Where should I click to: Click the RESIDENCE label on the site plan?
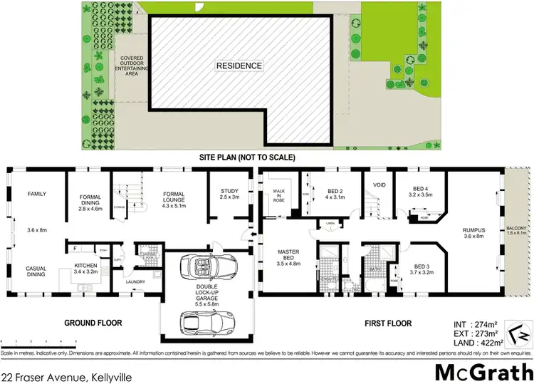click(x=240, y=66)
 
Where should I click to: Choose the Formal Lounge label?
click(x=174, y=197)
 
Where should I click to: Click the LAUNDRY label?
click(x=135, y=281)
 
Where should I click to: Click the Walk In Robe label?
click(x=278, y=194)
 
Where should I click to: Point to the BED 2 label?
click(x=336, y=194)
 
